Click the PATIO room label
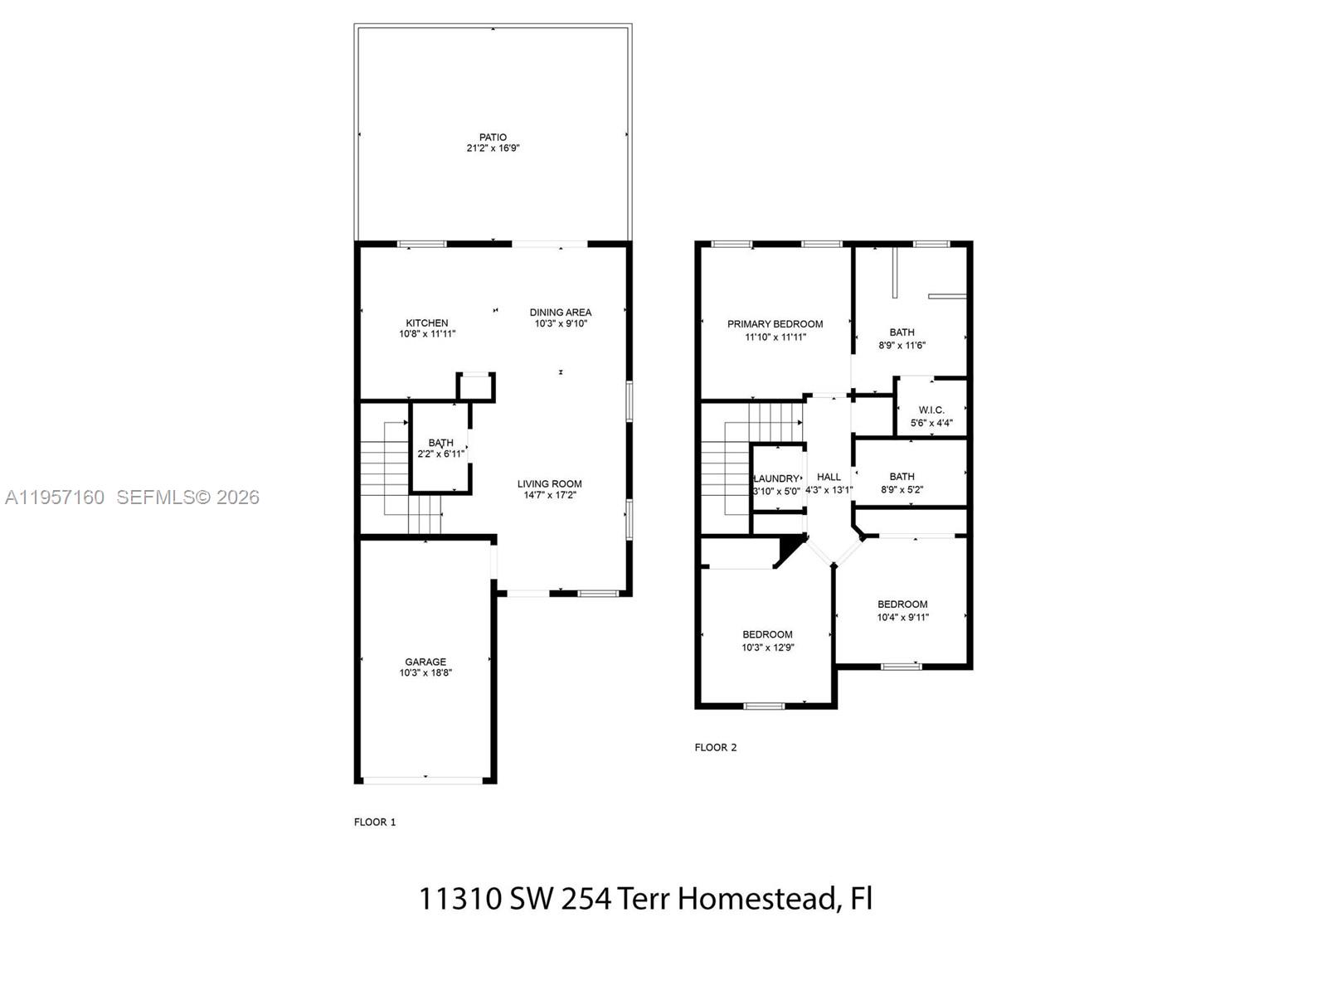point(493,138)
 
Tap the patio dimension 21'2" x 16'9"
point(493,148)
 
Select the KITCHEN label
point(427,323)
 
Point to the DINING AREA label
point(561,313)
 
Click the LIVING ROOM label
point(550,484)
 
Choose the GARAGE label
point(425,662)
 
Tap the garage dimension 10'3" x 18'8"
point(425,673)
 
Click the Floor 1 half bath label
point(441,443)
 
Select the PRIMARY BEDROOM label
point(775,324)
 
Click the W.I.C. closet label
point(931,410)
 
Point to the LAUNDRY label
point(777,479)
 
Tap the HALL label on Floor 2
point(829,477)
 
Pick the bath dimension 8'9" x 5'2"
point(902,490)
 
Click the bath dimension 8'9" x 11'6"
point(902,346)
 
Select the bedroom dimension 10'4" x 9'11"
point(903,618)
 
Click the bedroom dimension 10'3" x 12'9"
point(768,648)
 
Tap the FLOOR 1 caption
point(375,823)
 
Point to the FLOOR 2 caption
point(716,748)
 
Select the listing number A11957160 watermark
point(55,498)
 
